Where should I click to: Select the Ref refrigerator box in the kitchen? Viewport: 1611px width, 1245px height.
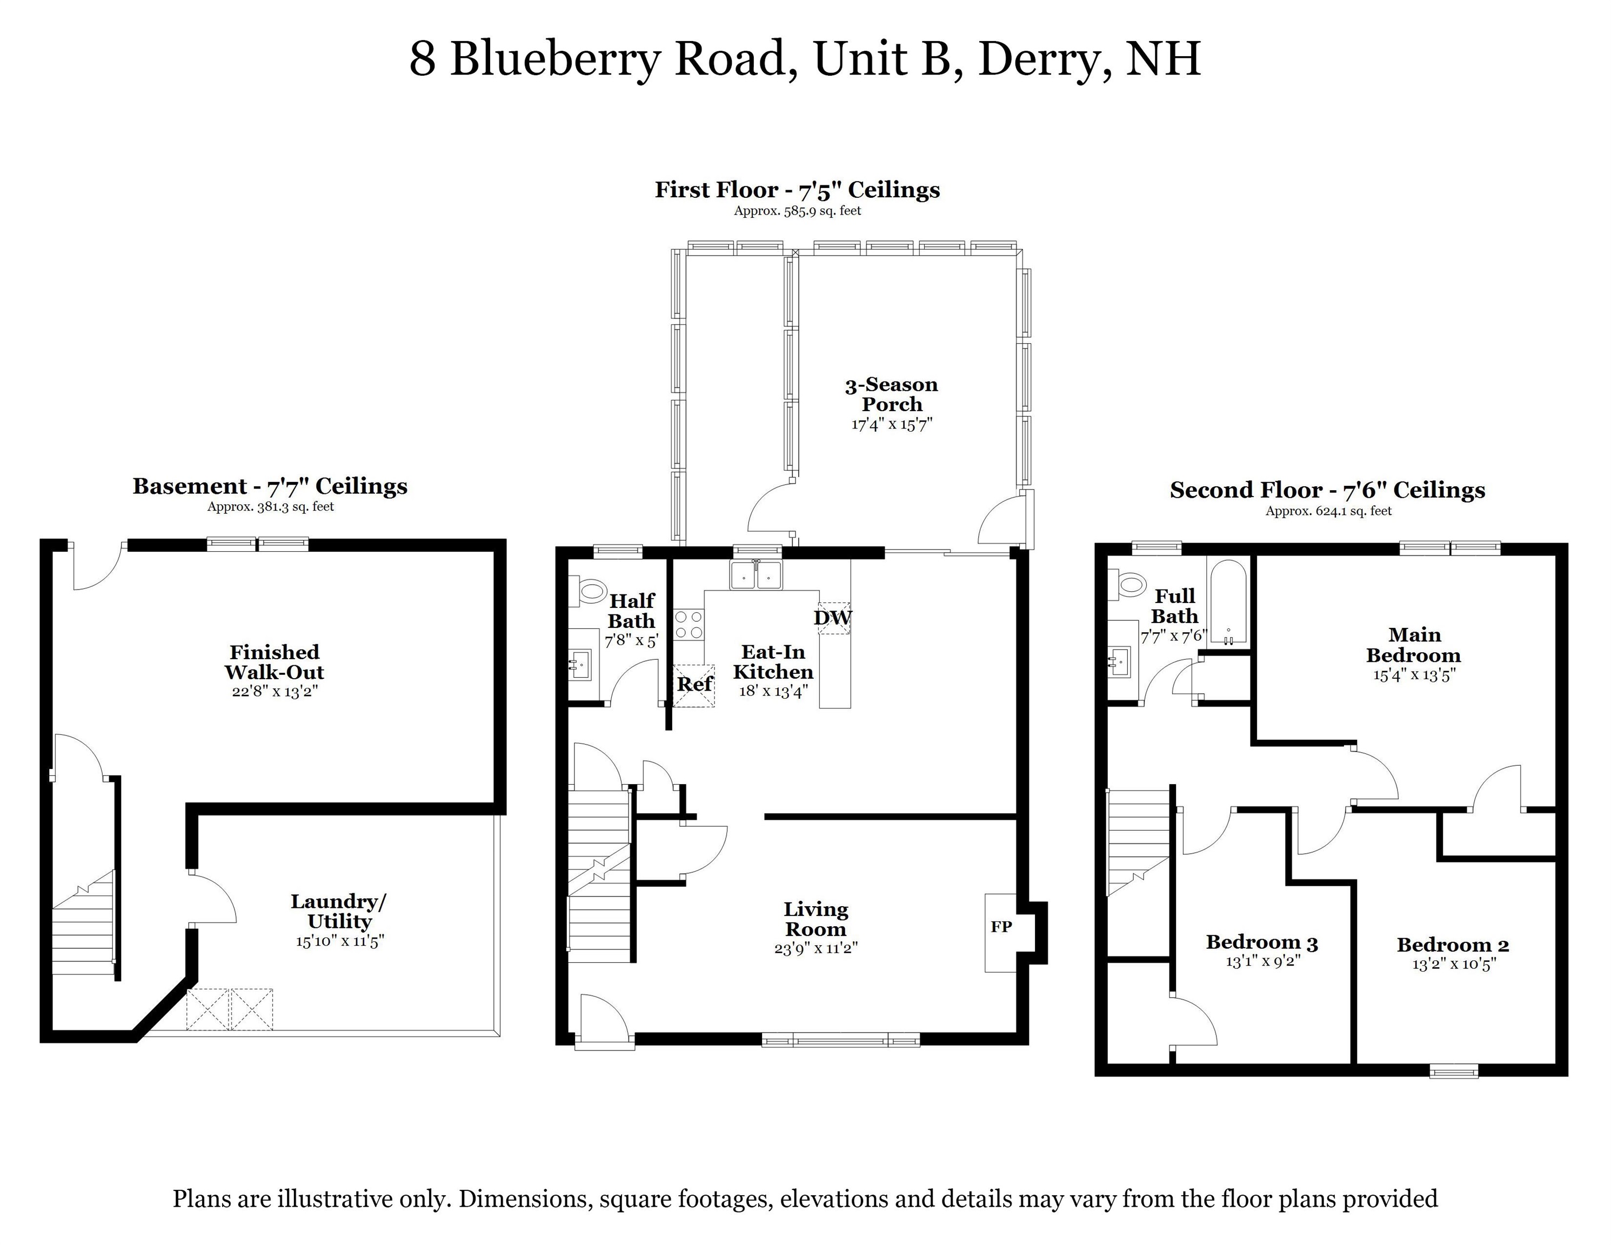click(694, 685)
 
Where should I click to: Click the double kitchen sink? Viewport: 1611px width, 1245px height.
click(756, 574)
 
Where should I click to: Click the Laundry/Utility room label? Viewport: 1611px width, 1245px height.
click(339, 911)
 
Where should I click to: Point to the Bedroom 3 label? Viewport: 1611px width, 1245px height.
click(1261, 942)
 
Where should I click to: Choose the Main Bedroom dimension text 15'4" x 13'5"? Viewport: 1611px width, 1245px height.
click(1413, 674)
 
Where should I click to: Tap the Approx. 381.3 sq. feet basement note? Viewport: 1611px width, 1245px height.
click(270, 507)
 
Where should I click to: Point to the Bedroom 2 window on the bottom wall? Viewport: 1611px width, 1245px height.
click(1454, 1070)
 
